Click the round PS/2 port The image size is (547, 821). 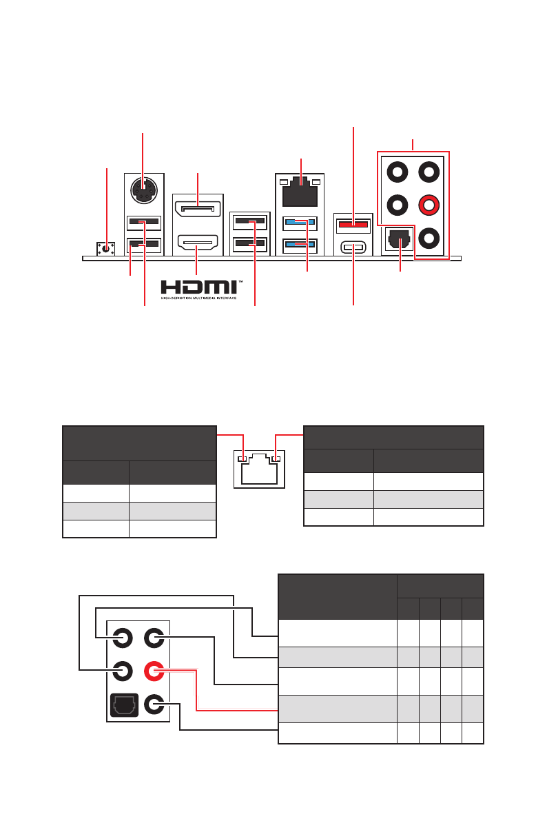[x=143, y=190]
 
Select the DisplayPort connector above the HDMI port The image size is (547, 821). [x=197, y=207]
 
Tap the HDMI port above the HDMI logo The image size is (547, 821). [x=197, y=243]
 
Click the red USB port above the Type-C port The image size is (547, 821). [x=353, y=223]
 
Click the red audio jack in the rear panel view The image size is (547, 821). [x=429, y=205]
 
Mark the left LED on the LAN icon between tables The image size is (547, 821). [x=241, y=459]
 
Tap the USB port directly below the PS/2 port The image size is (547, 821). [x=144, y=223]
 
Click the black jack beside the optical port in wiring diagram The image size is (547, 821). [x=155, y=705]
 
